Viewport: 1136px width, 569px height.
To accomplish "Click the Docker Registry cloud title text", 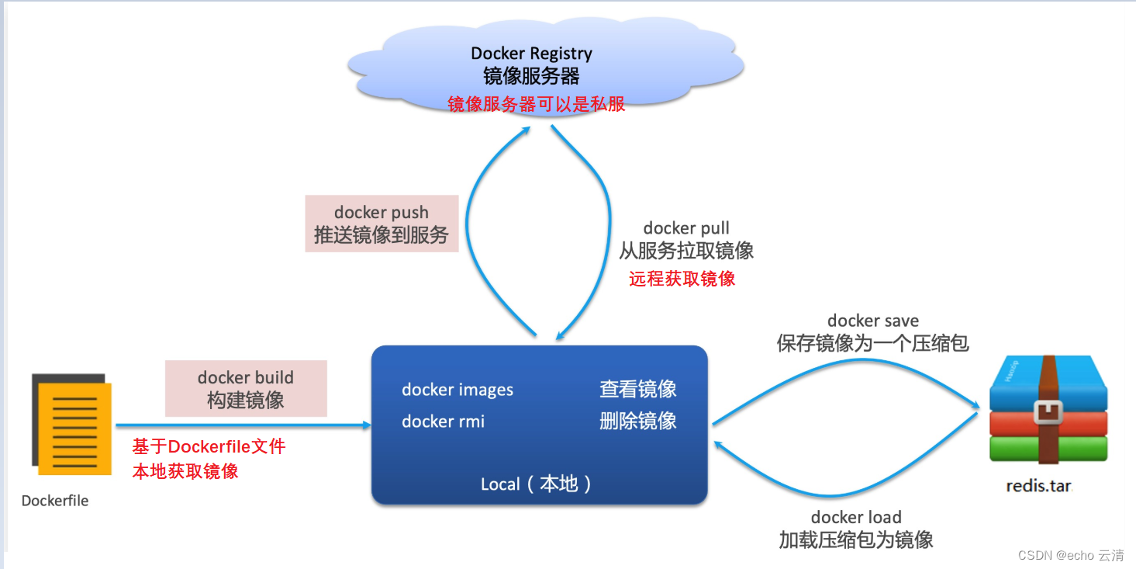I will tap(531, 54).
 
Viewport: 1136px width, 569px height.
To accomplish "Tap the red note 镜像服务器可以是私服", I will tap(536, 104).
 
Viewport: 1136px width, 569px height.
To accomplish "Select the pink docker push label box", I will tap(382, 224).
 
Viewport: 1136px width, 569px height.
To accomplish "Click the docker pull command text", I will tap(686, 228).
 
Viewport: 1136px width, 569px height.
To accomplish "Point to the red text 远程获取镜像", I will tap(682, 279).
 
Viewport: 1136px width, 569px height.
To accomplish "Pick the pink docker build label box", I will tap(246, 388).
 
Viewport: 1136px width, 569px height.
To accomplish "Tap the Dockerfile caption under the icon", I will tap(55, 501).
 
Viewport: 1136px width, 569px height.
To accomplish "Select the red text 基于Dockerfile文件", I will tap(209, 446).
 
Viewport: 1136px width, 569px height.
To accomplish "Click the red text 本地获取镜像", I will tap(185, 470).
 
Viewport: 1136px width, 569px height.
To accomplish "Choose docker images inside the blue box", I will tap(458, 390).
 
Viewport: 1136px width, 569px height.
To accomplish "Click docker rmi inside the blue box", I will tap(443, 422).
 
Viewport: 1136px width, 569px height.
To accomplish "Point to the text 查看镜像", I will tap(637, 389).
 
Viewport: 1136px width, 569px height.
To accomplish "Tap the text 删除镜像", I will tap(637, 421).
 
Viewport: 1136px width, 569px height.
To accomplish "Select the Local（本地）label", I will tap(537, 484).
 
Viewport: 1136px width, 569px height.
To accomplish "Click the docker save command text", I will tap(872, 321).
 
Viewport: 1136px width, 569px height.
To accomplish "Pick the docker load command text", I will tap(856, 517).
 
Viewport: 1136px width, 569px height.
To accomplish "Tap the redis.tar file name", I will tap(1038, 486).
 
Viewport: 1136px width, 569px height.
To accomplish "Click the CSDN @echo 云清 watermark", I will tap(1070, 555).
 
